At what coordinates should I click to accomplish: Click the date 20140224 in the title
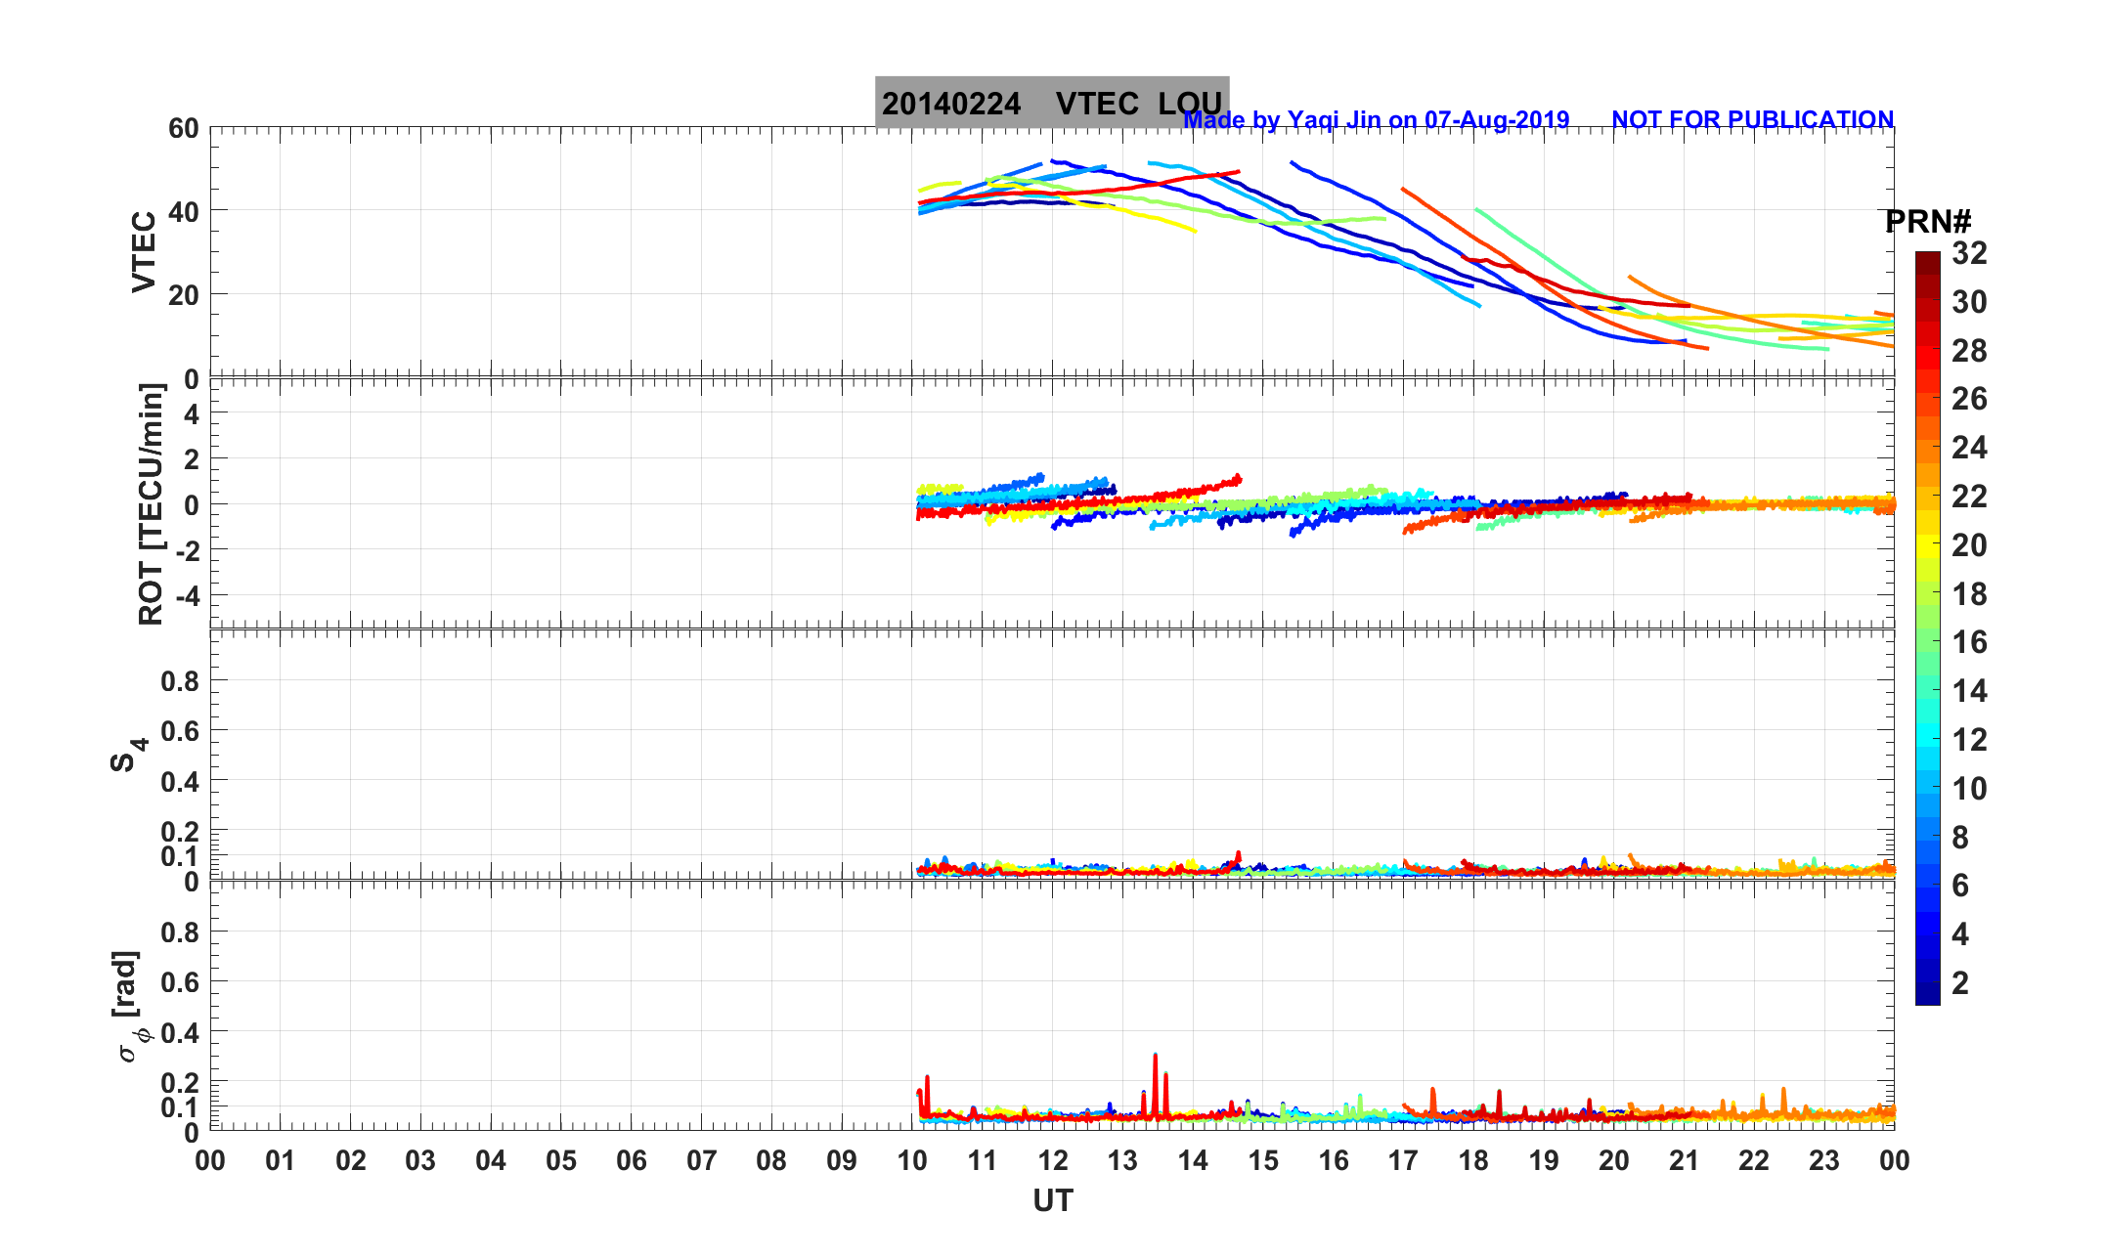(x=950, y=104)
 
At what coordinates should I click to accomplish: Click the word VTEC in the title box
(x=1097, y=104)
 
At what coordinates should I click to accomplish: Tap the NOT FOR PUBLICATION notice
(x=1752, y=119)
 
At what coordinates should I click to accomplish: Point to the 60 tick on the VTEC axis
(x=183, y=128)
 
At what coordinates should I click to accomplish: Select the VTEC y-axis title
(x=144, y=251)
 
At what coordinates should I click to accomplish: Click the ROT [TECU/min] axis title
(x=152, y=503)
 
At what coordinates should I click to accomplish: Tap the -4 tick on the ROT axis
(x=186, y=595)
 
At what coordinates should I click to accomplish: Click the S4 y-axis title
(x=127, y=755)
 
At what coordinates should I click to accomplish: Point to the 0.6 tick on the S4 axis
(x=180, y=731)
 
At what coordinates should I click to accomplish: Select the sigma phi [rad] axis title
(x=130, y=1007)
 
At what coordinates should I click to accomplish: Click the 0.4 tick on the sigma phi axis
(x=180, y=1033)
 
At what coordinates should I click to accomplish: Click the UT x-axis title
(x=1053, y=1200)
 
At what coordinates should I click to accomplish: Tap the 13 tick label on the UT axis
(x=1122, y=1161)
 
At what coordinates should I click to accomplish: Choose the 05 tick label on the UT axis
(x=561, y=1161)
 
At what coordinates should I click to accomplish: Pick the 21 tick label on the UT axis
(x=1684, y=1161)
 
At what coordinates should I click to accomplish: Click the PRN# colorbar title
(x=1927, y=222)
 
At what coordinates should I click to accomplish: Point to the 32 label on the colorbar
(x=1969, y=254)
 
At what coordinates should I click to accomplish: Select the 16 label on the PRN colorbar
(x=1969, y=642)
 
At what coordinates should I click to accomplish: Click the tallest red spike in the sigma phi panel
(x=1155, y=1058)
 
